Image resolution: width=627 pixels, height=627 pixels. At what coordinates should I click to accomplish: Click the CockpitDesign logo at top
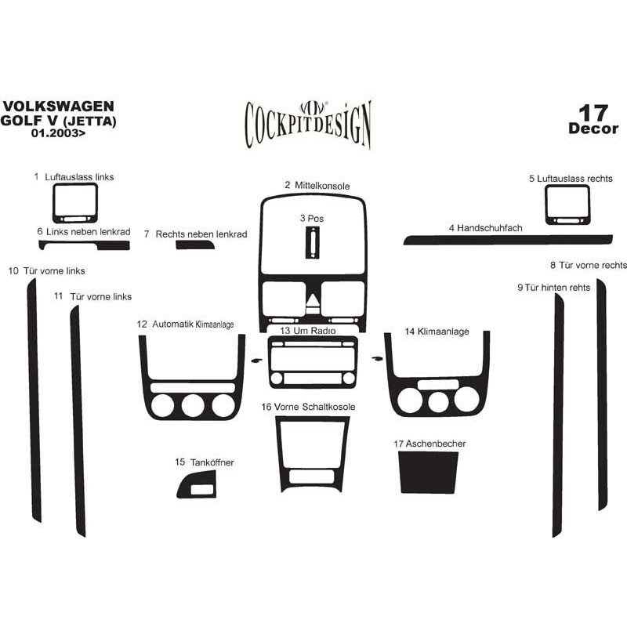308,125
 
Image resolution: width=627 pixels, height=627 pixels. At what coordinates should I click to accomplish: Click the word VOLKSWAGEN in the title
58,107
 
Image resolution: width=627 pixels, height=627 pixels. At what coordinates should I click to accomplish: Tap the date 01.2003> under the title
58,133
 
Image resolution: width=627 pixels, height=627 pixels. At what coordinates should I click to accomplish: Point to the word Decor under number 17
593,129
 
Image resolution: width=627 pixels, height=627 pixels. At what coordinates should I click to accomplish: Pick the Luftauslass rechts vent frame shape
546,205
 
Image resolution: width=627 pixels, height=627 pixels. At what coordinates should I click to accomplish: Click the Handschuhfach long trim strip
508,240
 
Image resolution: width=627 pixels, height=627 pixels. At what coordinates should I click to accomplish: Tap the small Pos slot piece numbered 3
313,243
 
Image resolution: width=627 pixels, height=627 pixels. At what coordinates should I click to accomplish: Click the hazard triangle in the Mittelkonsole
313,300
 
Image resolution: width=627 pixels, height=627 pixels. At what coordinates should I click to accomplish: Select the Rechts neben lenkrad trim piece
194,245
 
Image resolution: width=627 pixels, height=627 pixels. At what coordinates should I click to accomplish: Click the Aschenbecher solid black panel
428,473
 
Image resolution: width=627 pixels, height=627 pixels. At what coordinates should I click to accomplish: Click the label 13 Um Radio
307,331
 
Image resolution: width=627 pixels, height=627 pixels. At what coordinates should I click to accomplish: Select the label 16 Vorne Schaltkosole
308,407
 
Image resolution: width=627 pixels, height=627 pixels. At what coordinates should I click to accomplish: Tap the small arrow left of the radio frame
257,361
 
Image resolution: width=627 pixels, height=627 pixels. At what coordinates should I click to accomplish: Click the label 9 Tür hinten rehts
554,288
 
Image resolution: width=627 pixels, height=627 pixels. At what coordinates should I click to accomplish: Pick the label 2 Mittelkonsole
317,186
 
